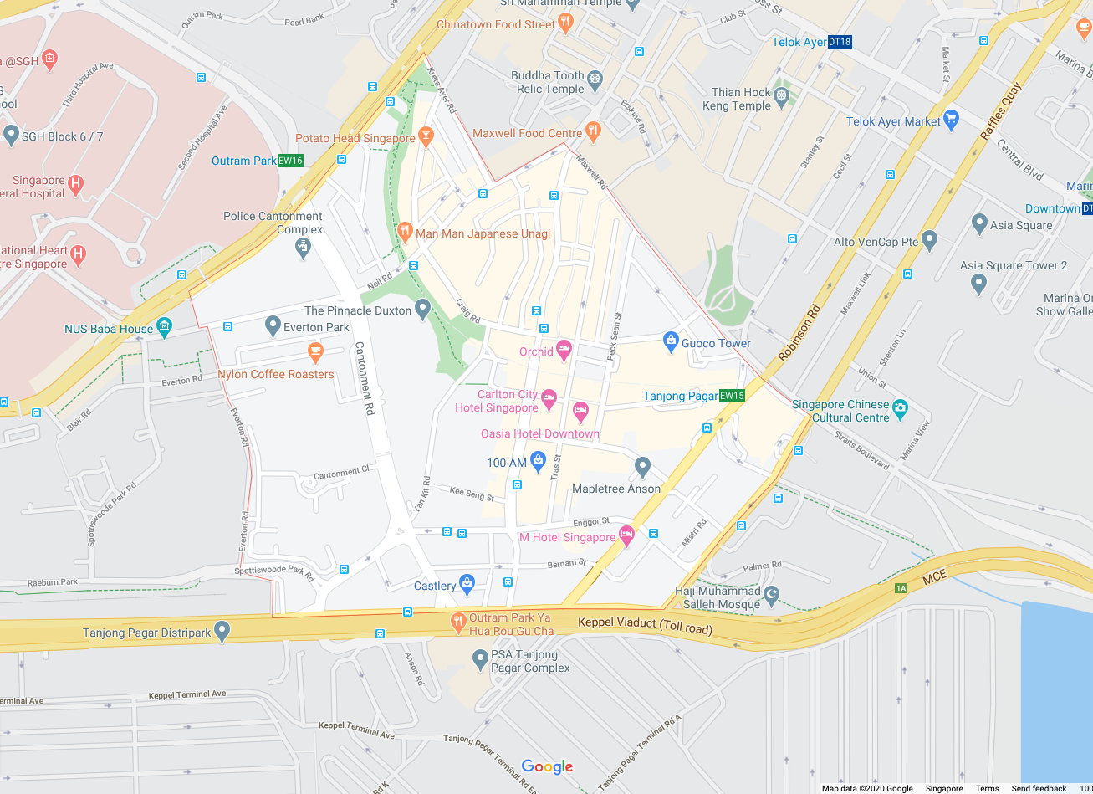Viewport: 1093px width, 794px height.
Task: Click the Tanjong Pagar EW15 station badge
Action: click(x=732, y=396)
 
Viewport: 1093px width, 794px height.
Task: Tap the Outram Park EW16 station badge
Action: click(x=291, y=161)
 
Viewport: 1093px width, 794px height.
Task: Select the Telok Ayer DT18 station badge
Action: click(x=840, y=42)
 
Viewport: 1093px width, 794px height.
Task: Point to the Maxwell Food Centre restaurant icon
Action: click(x=594, y=130)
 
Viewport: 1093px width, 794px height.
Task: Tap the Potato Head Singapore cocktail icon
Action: click(x=426, y=135)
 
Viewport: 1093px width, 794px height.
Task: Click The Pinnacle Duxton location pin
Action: click(x=422, y=309)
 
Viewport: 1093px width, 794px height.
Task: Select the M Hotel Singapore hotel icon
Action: click(x=626, y=535)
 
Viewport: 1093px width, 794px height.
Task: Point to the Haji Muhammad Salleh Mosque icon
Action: click(x=772, y=595)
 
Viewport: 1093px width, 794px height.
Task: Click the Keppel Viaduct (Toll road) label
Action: click(x=645, y=625)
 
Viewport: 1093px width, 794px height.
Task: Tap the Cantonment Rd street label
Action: click(x=363, y=379)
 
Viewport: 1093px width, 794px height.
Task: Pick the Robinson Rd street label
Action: click(x=799, y=332)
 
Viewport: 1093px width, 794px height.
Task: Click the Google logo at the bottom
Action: click(x=547, y=766)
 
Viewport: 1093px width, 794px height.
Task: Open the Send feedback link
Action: click(x=1039, y=788)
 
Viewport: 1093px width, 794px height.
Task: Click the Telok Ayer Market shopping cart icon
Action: click(x=950, y=119)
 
